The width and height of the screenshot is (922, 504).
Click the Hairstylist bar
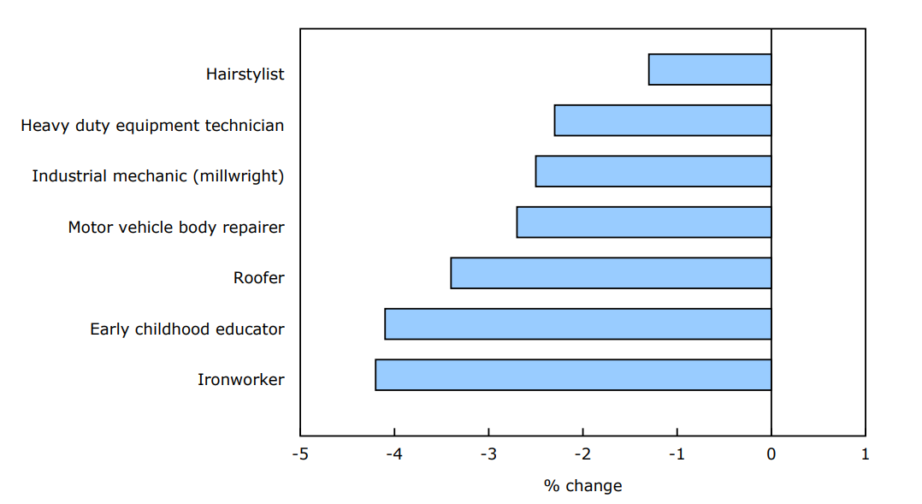(710, 69)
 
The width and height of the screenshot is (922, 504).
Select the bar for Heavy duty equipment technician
(663, 120)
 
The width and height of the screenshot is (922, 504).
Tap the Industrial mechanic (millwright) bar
(653, 171)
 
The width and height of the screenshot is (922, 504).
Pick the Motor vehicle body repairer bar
(644, 222)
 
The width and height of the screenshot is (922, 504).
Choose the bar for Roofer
(611, 273)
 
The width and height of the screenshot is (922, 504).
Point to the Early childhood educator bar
(578, 323)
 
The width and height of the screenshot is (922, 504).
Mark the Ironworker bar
(573, 375)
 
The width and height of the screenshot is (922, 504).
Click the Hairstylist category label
(245, 74)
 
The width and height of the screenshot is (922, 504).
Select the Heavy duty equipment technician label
(152, 126)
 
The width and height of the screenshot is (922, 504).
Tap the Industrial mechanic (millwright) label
(158, 176)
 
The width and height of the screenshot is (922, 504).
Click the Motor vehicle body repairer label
(176, 228)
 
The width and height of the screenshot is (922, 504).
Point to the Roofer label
(258, 278)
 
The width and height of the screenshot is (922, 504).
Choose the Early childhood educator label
(187, 329)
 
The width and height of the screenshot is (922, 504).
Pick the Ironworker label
(240, 380)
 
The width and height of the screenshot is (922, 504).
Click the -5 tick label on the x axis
(300, 454)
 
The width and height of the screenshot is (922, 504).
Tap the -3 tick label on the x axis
(488, 454)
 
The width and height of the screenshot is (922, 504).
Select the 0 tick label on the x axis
(771, 454)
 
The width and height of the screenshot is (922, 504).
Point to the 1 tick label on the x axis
(866, 454)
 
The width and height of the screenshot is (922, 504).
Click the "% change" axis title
(582, 486)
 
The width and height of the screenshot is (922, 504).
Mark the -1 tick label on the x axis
(677, 454)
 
